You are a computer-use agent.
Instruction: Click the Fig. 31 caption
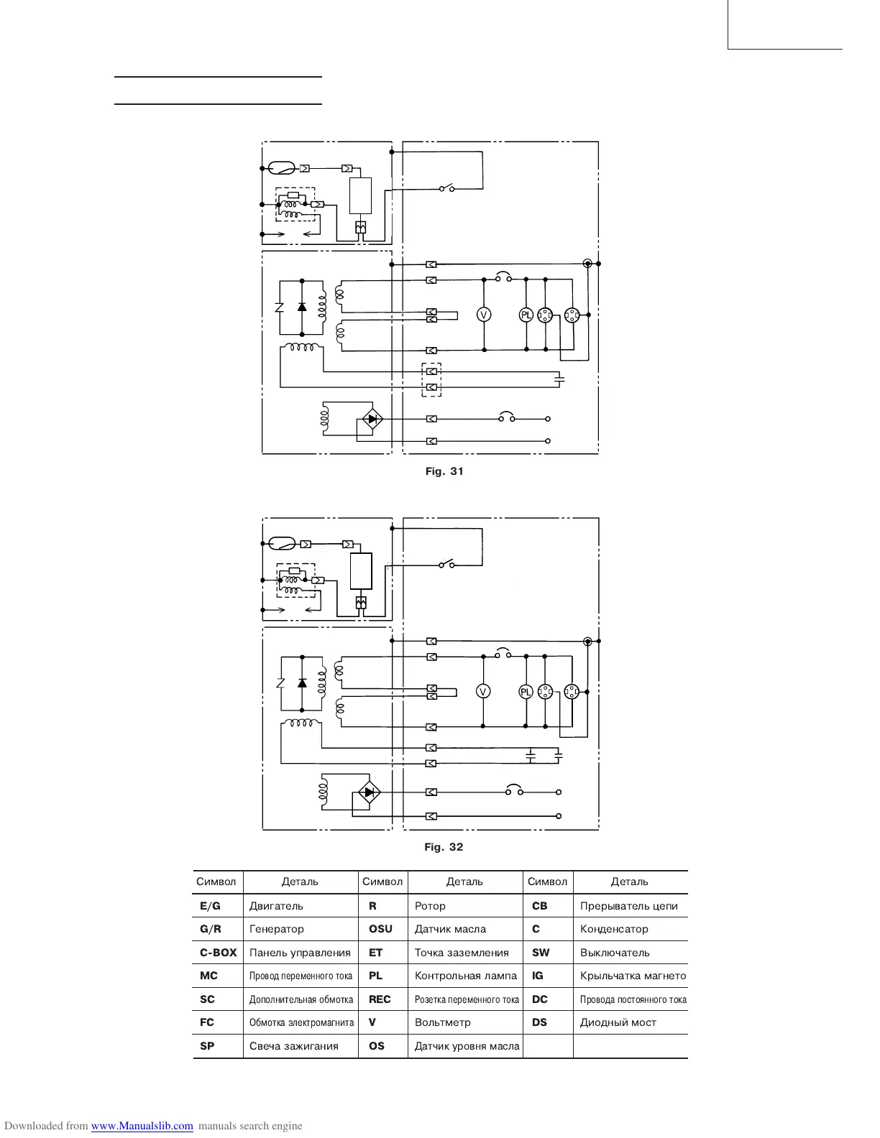pyautogui.click(x=444, y=471)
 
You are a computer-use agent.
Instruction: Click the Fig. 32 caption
pyautogui.click(x=444, y=847)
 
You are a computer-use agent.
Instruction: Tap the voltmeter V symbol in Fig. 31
pyautogui.click(x=484, y=315)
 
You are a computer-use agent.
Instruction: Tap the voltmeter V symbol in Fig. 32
pyautogui.click(x=483, y=691)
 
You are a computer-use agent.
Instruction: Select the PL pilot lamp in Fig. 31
pyautogui.click(x=526, y=315)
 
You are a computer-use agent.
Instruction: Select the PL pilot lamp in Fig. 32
pyautogui.click(x=526, y=692)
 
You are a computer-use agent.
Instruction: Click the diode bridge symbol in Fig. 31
pyautogui.click(x=372, y=419)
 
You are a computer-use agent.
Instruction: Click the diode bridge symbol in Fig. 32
pyautogui.click(x=370, y=792)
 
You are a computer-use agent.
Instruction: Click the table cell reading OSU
pyautogui.click(x=380, y=929)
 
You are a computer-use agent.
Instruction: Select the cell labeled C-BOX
pyautogui.click(x=218, y=953)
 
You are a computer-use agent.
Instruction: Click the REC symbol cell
pyautogui.click(x=380, y=999)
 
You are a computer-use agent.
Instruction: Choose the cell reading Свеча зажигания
pyautogui.click(x=293, y=1046)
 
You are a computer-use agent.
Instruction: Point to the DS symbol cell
pyautogui.click(x=539, y=1022)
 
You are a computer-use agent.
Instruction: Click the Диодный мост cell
pyautogui.click(x=618, y=1022)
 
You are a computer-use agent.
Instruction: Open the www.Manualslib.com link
pyautogui.click(x=142, y=1126)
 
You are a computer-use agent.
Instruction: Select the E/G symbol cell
pyautogui.click(x=210, y=906)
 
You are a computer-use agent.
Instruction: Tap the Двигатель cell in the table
pyautogui.click(x=276, y=906)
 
